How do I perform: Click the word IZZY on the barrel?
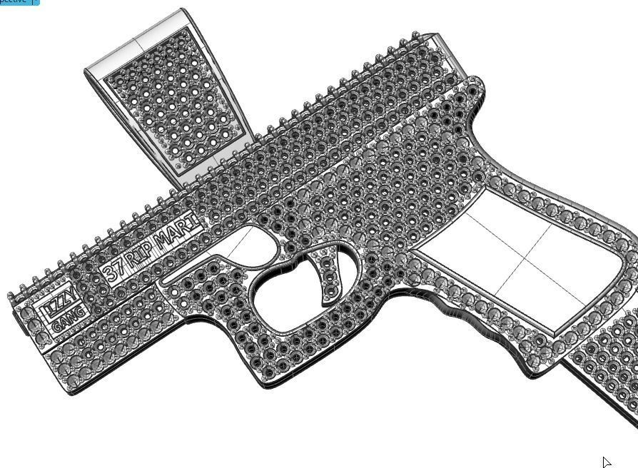point(60,305)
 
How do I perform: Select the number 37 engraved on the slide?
point(114,272)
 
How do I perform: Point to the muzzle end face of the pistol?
point(18,314)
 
